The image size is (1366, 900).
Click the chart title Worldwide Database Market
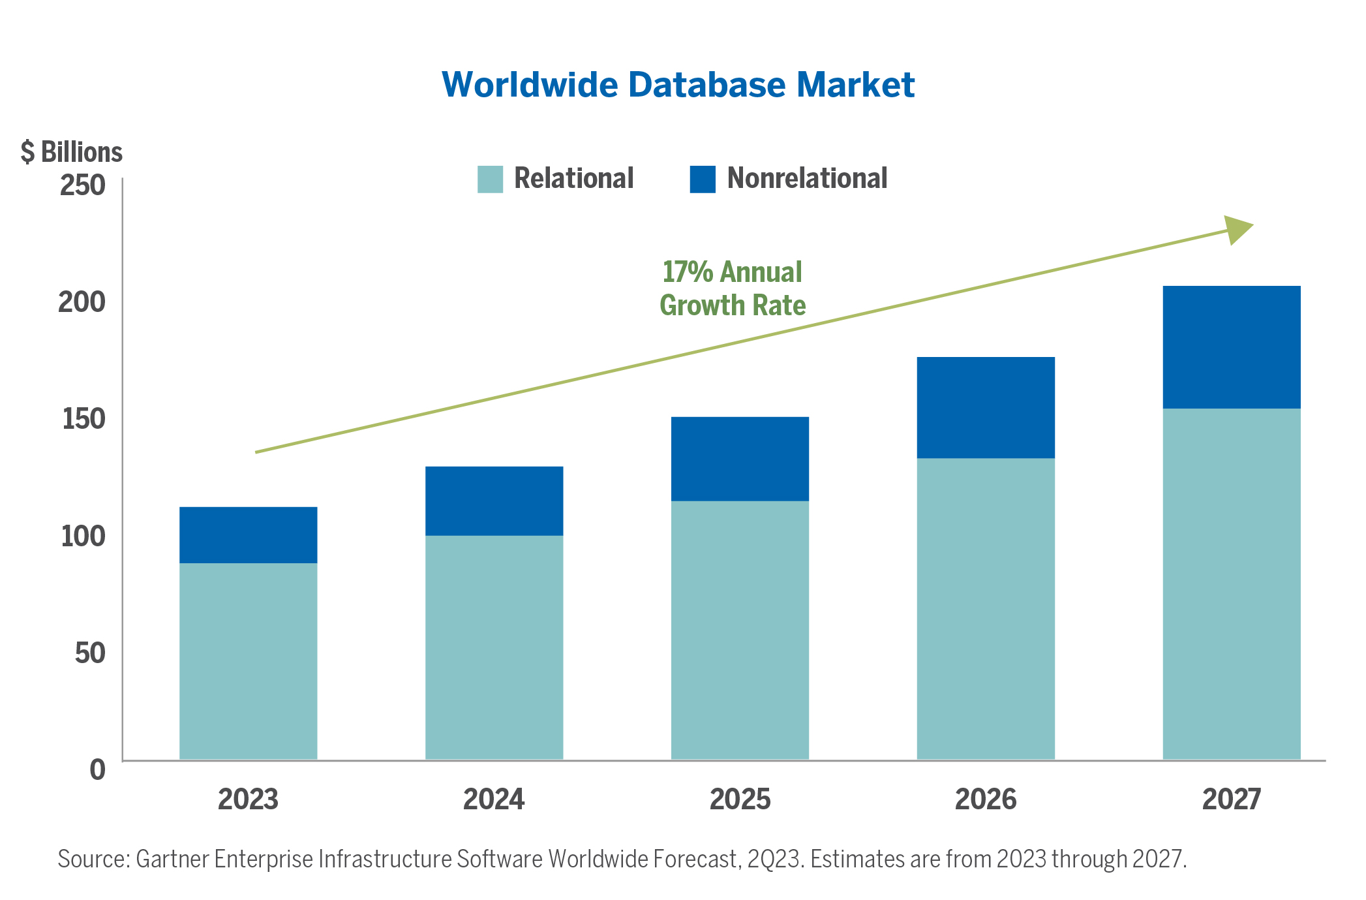(678, 85)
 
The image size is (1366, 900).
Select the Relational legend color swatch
(490, 179)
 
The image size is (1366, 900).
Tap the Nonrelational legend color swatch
(702, 179)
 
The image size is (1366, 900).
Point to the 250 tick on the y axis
(83, 185)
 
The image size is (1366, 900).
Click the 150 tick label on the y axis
(83, 419)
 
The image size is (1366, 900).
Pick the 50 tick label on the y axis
(90, 653)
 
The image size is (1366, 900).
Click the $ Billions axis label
(72, 152)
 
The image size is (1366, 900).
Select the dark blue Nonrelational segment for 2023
(248, 535)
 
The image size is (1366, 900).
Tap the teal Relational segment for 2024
(494, 646)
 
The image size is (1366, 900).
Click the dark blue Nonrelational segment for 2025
(740, 458)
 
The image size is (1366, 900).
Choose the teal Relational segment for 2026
(986, 608)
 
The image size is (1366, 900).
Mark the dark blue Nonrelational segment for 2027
(1232, 347)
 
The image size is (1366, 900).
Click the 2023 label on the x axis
(248, 799)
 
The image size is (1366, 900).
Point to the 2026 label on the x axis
(986, 799)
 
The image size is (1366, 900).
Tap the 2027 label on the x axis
(1232, 799)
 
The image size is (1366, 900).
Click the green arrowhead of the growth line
(1237, 230)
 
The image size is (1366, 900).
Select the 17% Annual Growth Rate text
(733, 288)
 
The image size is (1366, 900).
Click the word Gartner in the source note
(172, 859)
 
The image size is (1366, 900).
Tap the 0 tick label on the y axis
(97, 769)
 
